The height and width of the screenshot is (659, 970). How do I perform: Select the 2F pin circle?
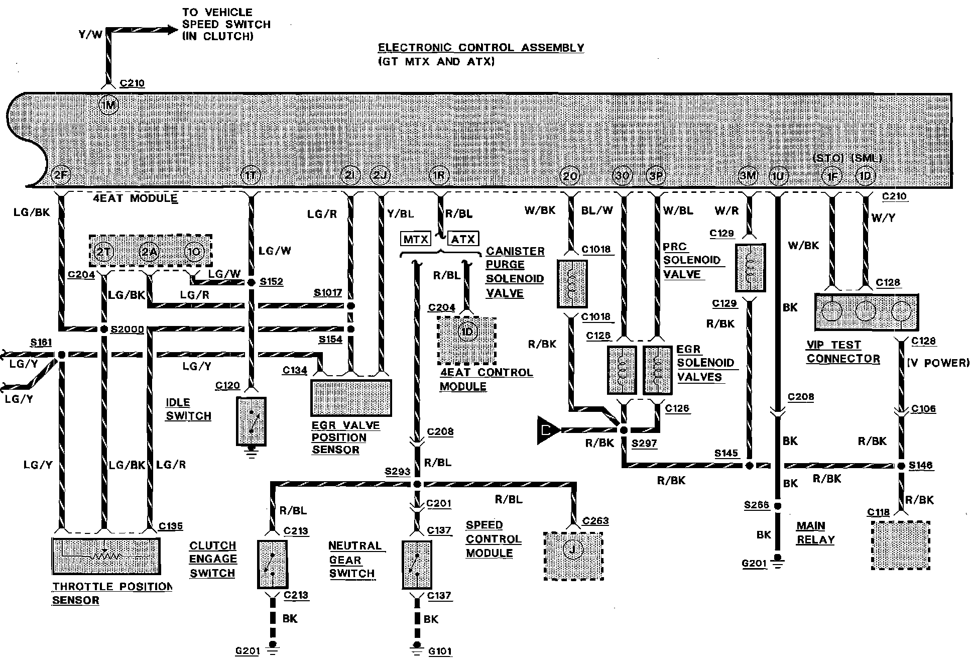(62, 175)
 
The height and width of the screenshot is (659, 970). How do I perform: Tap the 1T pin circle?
(251, 175)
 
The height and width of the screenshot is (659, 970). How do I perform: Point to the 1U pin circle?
(778, 176)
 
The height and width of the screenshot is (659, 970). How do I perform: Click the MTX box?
(416, 239)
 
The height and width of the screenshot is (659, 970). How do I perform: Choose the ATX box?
(463, 239)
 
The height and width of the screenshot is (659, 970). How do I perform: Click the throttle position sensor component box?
(106, 556)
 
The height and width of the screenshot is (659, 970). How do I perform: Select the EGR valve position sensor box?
(351, 398)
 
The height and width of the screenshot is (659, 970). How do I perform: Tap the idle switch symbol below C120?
(251, 421)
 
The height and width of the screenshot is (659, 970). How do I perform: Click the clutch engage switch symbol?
(272, 564)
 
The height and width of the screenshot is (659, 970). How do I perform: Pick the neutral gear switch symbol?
(417, 565)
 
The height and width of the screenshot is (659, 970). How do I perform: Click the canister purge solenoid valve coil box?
(572, 284)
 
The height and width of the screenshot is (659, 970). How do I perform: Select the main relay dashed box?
(901, 545)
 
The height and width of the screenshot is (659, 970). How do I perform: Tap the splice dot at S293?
(417, 484)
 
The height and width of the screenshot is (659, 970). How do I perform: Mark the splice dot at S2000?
(104, 329)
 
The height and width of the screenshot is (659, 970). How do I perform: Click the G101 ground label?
(440, 651)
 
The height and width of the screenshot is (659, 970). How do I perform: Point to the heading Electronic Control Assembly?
(480, 48)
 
